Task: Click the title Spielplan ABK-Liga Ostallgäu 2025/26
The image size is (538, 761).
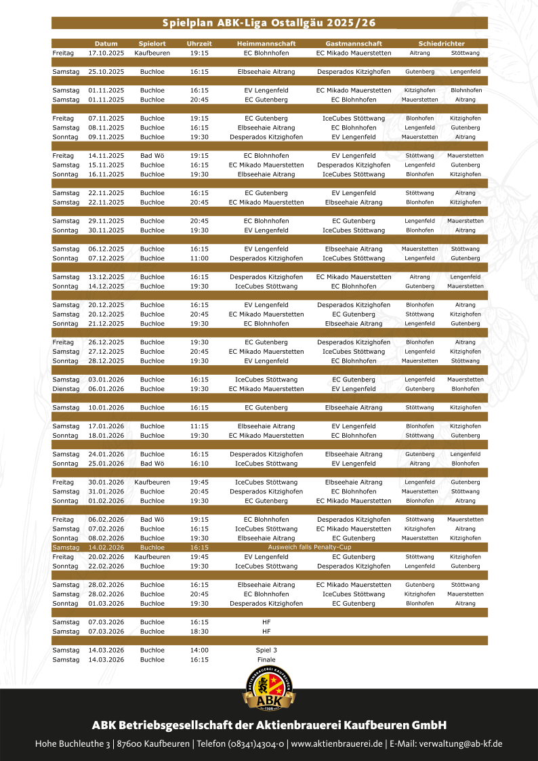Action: point(270,23)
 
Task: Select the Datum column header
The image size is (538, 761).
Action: point(106,43)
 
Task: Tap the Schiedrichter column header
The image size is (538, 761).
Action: point(441,43)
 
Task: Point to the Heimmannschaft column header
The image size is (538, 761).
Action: point(266,43)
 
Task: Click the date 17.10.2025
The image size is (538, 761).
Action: point(106,52)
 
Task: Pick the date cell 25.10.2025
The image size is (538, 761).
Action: point(106,71)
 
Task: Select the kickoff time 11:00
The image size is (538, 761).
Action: point(199,258)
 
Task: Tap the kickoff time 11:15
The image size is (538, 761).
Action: point(199,426)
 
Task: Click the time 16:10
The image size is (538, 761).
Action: point(199,464)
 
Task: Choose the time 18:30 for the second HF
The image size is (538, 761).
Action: point(199,631)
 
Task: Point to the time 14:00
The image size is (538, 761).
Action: point(199,650)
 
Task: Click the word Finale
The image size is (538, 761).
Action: point(266,659)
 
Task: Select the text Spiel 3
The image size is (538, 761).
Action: point(266,650)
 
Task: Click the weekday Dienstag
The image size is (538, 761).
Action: point(66,389)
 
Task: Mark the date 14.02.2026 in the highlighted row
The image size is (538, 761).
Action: point(106,547)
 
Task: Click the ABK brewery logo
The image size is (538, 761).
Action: point(269,686)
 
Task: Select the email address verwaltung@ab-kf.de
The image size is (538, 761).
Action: point(461,744)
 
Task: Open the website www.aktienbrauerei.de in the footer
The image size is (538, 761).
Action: point(337,744)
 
